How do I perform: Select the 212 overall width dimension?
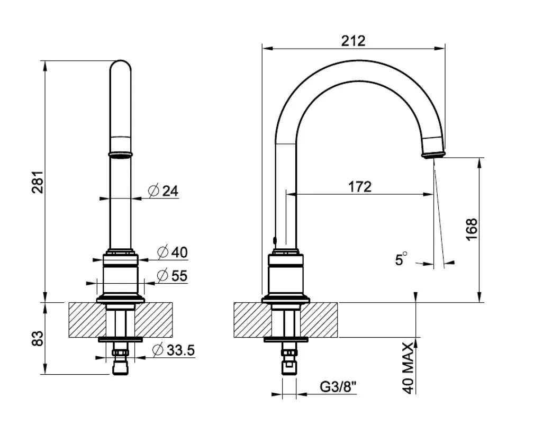click(x=354, y=40)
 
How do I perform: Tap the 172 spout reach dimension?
click(x=360, y=186)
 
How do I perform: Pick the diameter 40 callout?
click(x=173, y=252)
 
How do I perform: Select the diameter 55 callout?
click(x=173, y=276)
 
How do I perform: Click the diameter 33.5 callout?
click(x=174, y=350)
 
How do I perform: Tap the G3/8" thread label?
click(x=338, y=387)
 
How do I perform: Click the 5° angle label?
click(x=401, y=259)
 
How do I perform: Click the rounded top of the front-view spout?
click(x=121, y=66)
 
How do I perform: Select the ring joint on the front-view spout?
click(x=121, y=154)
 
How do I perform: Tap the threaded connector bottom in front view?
click(x=121, y=369)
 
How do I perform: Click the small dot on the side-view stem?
click(x=274, y=240)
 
